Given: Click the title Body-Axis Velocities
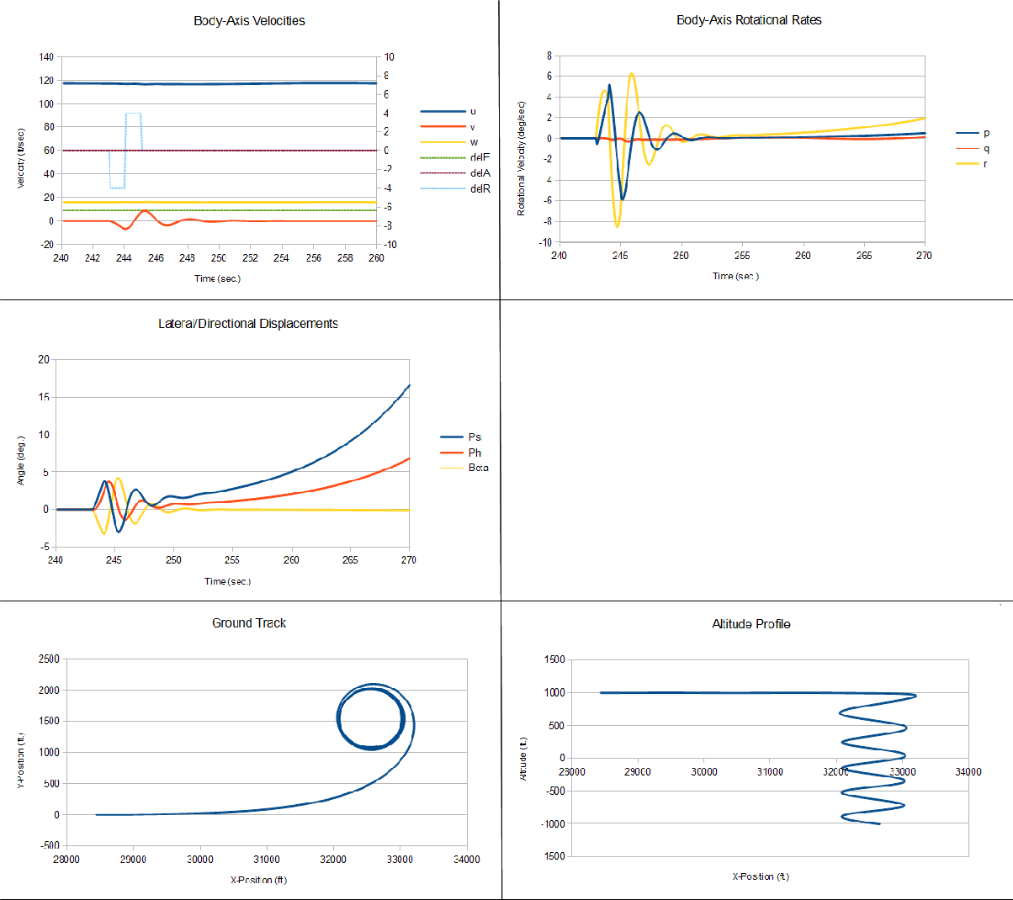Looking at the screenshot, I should tap(249, 21).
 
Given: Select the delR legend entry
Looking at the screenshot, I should tap(480, 189).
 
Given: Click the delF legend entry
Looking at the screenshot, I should tap(480, 157).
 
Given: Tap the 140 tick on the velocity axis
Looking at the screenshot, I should tap(46, 57).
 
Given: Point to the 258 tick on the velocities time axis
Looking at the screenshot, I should tap(345, 258).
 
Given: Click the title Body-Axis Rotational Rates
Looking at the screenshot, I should tap(749, 20).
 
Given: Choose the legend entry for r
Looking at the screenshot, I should tap(985, 164).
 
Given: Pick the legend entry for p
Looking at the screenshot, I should tap(986, 133).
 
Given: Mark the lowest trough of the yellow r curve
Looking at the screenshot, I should tap(617, 227).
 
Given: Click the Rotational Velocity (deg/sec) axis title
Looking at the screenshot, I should tap(522, 158).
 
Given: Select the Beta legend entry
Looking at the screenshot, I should tap(478, 468).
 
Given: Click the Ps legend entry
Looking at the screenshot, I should tap(475, 437).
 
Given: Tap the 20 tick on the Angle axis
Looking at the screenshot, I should tap(44, 359).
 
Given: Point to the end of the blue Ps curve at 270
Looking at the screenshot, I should tap(409, 385).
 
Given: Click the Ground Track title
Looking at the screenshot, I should tap(249, 623).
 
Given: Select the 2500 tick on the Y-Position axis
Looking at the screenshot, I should tap(50, 659).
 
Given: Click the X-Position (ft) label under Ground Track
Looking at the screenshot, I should tap(258, 880).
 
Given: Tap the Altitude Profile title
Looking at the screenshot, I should tap(750, 624).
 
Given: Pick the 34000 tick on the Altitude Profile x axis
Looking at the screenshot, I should tap(968, 771).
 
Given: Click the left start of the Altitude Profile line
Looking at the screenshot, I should tap(601, 693).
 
